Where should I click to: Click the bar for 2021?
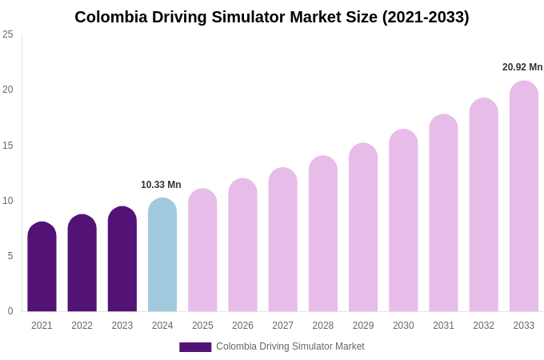click(x=42, y=267)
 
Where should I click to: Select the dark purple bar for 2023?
click(x=122, y=259)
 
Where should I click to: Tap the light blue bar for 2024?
click(x=162, y=255)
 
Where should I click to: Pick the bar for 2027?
click(x=282, y=240)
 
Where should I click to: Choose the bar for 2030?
click(x=403, y=221)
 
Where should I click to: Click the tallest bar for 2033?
click(x=524, y=197)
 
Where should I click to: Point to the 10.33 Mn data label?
click(x=161, y=185)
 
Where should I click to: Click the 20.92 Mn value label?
click(x=522, y=67)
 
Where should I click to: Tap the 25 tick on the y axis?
click(x=8, y=34)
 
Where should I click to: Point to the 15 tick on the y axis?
click(x=8, y=146)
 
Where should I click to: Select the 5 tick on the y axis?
click(x=10, y=256)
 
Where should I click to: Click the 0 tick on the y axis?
click(x=10, y=311)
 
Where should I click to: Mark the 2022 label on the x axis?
click(x=82, y=326)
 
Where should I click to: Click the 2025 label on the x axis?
click(x=202, y=326)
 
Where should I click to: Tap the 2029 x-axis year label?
click(x=363, y=326)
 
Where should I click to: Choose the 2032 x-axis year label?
click(x=483, y=326)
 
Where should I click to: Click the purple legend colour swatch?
click(x=195, y=347)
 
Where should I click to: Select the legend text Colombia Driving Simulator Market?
click(x=290, y=346)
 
